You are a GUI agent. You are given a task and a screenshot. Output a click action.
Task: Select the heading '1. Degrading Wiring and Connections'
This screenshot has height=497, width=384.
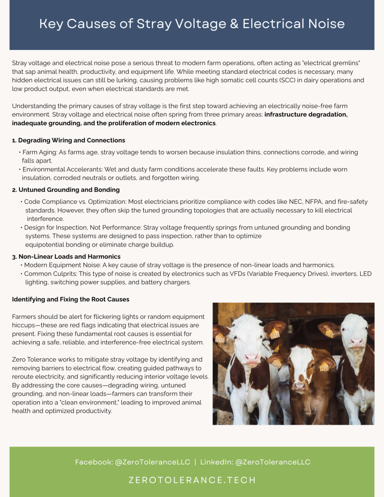[x=68, y=140]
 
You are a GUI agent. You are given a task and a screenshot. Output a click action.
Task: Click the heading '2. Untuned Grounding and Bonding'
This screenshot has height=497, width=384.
[x=66, y=190]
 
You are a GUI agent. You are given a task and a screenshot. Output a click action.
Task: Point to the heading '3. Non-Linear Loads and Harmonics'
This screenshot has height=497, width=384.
[x=66, y=256]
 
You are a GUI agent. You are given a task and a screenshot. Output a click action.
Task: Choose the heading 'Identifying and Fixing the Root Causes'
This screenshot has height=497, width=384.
[x=70, y=299]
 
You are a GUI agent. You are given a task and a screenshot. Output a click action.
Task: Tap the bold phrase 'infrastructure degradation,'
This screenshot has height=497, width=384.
[x=306, y=115]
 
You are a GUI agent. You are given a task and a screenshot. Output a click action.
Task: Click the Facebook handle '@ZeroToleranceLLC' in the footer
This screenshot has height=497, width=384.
[x=152, y=462]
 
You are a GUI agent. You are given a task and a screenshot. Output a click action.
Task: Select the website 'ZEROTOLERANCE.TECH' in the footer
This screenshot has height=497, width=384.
[x=192, y=480]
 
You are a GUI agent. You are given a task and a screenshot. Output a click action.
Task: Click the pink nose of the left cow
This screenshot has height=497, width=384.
[x=252, y=359]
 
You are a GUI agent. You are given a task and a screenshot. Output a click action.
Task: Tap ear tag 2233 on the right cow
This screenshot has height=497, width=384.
[x=330, y=333]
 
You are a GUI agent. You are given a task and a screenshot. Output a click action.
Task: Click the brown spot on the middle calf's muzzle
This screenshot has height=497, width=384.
[x=299, y=386]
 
